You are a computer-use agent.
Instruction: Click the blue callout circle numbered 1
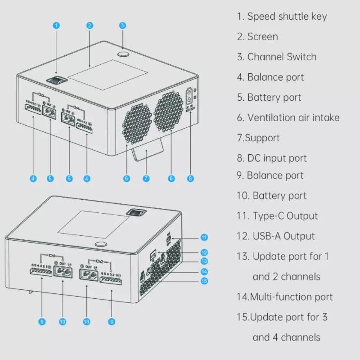click(56, 25)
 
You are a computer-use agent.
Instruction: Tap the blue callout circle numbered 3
click(122, 25)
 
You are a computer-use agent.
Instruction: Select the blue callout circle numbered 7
click(146, 179)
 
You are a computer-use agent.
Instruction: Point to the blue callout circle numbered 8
click(190, 179)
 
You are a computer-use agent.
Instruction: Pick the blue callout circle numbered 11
click(204, 237)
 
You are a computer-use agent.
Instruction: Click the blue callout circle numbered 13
click(204, 261)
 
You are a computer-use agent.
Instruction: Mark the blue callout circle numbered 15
click(204, 281)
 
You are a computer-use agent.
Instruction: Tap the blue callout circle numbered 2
click(90, 25)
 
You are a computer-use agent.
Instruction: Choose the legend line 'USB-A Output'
click(276, 236)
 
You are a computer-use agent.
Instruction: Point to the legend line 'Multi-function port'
click(285, 297)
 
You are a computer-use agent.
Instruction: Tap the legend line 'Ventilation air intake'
click(288, 118)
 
